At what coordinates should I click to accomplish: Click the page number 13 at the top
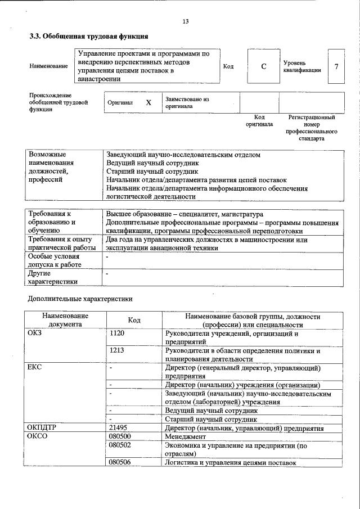(186, 21)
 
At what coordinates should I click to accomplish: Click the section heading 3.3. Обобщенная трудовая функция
(88, 37)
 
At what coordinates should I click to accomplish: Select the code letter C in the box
(263, 66)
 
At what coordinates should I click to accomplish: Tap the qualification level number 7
(336, 66)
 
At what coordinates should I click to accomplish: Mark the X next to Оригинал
(148, 103)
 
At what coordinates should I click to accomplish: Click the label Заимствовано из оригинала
(187, 102)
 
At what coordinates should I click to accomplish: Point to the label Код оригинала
(259, 120)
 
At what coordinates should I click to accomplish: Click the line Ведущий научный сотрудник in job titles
(152, 163)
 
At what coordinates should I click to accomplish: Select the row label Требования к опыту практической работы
(62, 244)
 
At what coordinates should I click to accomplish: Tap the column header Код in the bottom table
(134, 320)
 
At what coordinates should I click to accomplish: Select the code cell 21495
(119, 428)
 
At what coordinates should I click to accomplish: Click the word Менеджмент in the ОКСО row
(186, 436)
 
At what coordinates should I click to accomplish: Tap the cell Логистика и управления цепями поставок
(229, 462)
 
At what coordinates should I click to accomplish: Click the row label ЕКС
(34, 367)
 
